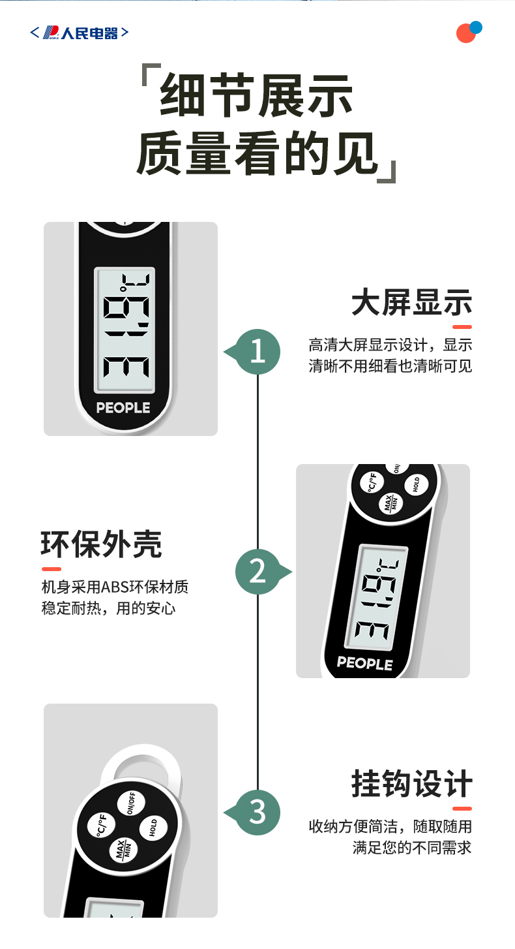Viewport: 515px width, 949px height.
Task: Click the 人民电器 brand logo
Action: coord(80,33)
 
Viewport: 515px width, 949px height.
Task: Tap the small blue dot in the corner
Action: coord(476,27)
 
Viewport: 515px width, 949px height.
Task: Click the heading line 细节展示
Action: coord(256,95)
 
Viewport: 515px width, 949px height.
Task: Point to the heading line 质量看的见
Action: coord(256,153)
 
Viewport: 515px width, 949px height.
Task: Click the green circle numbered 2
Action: coord(257,572)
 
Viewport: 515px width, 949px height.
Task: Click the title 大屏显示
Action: coord(411,302)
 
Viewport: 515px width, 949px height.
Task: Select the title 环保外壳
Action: coord(102,544)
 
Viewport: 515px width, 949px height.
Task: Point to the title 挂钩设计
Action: coord(411,784)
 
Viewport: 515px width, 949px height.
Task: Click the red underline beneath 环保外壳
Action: coord(51,569)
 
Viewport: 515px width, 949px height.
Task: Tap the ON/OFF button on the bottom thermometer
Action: coord(131,803)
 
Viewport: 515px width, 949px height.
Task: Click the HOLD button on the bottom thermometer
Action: coord(153,828)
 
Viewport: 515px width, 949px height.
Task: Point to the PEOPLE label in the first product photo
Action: coord(123,407)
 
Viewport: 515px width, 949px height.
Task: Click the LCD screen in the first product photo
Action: coord(125,330)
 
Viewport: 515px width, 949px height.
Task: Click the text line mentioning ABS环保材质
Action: coord(115,587)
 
